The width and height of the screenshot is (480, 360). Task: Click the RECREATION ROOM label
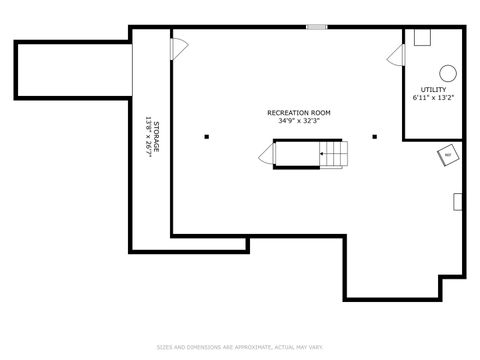point(298,113)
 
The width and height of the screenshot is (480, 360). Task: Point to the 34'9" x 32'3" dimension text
point(298,121)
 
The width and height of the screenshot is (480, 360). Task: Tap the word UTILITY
point(433,90)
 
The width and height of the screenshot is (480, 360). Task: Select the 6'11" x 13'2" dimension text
point(433,98)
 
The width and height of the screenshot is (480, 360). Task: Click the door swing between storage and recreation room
point(179,47)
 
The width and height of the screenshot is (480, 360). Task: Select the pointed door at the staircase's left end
point(268,154)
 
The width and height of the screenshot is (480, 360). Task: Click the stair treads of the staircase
point(336,154)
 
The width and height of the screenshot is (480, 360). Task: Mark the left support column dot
point(206,137)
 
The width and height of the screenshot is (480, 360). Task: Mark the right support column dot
point(374,137)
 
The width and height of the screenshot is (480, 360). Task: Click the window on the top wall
point(317,27)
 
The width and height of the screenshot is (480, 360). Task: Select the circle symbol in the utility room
point(449,72)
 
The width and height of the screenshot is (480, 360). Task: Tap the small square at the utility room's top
point(423,36)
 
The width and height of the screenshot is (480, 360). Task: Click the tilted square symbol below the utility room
point(447,155)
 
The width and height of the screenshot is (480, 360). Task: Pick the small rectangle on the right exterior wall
point(458,201)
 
